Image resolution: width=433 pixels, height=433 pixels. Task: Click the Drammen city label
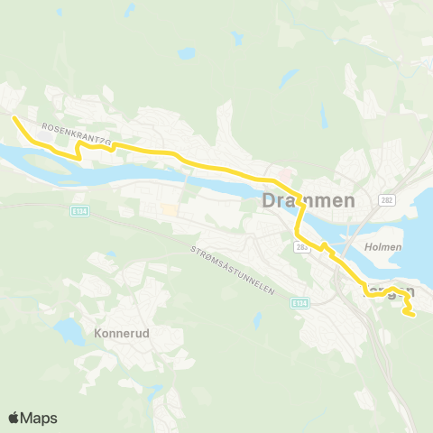(x=307, y=201)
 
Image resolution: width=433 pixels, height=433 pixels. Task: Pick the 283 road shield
(x=301, y=245)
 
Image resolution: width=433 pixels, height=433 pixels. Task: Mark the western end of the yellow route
(x=13, y=117)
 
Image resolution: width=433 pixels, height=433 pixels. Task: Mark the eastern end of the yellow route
(x=410, y=315)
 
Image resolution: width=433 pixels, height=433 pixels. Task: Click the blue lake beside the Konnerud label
(x=68, y=331)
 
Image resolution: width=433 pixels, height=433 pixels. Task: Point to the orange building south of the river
(x=169, y=209)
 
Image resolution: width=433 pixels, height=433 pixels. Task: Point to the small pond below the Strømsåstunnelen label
(x=258, y=318)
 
